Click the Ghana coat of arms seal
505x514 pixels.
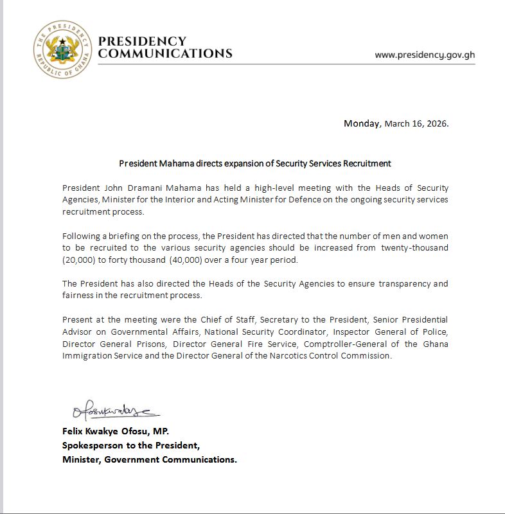(62, 49)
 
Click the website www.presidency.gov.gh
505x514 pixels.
(425, 55)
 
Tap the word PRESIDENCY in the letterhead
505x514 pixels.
(142, 41)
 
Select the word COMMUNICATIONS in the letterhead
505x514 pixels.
(165, 54)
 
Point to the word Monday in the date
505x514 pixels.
(362, 123)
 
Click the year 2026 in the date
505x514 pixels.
(436, 123)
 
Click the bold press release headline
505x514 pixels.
(255, 163)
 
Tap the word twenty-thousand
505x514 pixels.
(415, 248)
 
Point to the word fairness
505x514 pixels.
(79, 295)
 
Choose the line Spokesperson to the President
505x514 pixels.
(131, 445)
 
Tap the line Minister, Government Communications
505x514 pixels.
(150, 459)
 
